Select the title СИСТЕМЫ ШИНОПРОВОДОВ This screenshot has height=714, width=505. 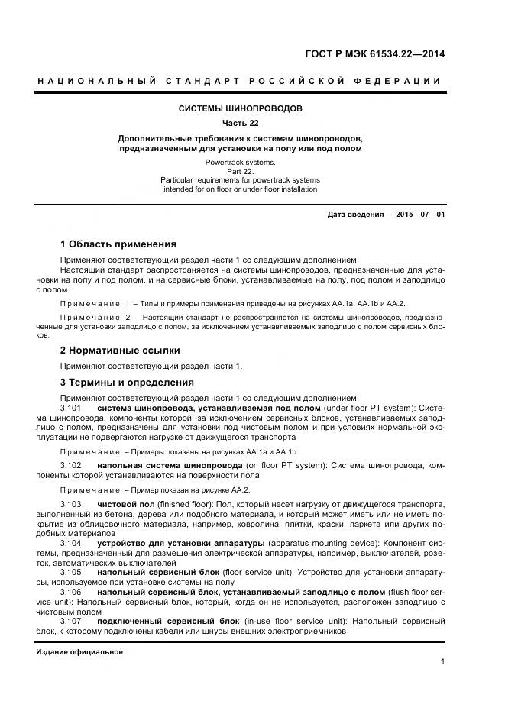click(241, 108)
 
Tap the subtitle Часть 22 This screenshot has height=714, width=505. click(241, 123)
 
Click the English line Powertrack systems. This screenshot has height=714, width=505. click(241, 163)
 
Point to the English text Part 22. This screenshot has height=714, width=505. click(241, 172)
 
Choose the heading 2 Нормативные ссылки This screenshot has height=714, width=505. click(120, 351)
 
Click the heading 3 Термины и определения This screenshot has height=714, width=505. click(127, 382)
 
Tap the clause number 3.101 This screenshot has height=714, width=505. click(70, 409)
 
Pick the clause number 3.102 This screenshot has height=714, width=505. click(70, 464)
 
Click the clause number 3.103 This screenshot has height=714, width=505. click(70, 505)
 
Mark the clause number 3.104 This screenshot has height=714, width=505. click(70, 542)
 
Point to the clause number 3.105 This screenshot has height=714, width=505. click(70, 572)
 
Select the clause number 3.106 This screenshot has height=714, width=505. click(70, 592)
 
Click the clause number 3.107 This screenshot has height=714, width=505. click(70, 622)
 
